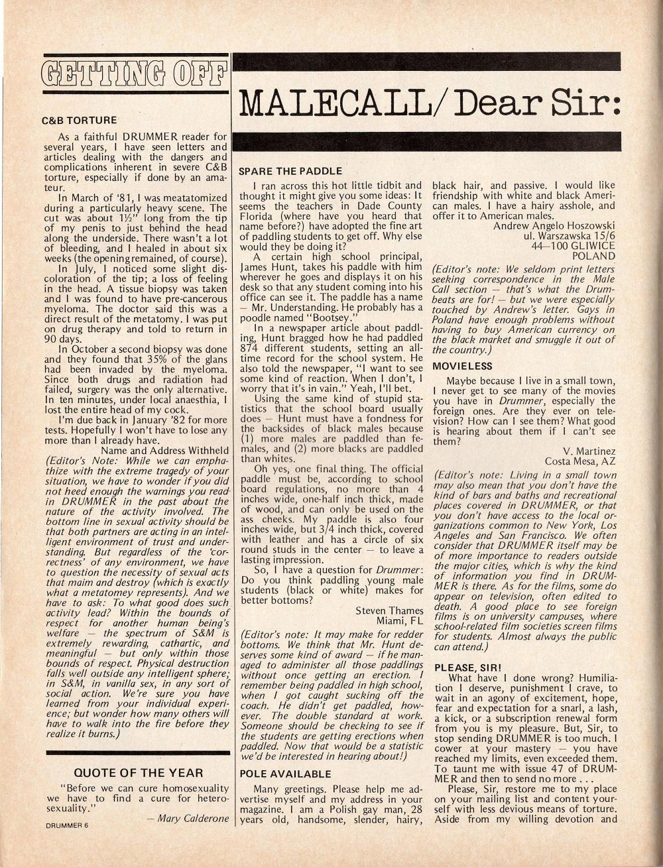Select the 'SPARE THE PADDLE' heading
pos(290,171)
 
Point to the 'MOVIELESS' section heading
pos(462,366)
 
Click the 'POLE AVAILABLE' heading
pos(284,774)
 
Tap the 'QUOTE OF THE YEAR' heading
pos(139,773)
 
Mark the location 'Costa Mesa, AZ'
pos(580,461)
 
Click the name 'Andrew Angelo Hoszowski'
pos(554,225)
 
